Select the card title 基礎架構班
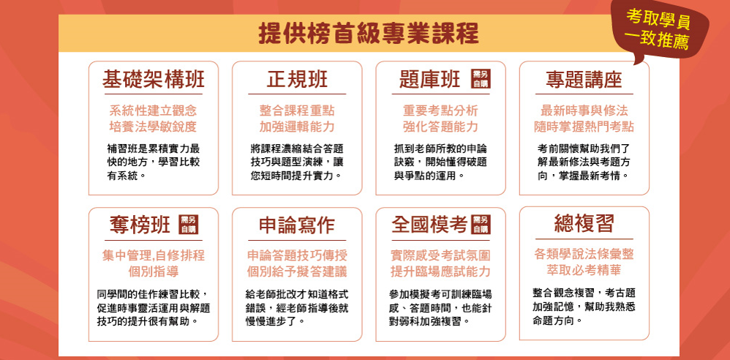(x=153, y=80)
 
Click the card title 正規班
(x=296, y=80)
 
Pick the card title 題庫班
(x=429, y=80)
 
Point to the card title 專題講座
(x=584, y=80)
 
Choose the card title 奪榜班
(x=140, y=226)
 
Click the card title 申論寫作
(x=296, y=226)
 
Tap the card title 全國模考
(x=429, y=226)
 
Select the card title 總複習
(x=584, y=225)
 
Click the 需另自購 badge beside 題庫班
(x=481, y=79)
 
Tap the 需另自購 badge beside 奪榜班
(x=189, y=225)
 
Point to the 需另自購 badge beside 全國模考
(x=481, y=225)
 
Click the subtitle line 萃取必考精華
(x=584, y=270)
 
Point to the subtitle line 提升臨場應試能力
(x=440, y=271)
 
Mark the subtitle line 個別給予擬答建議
(x=296, y=271)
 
